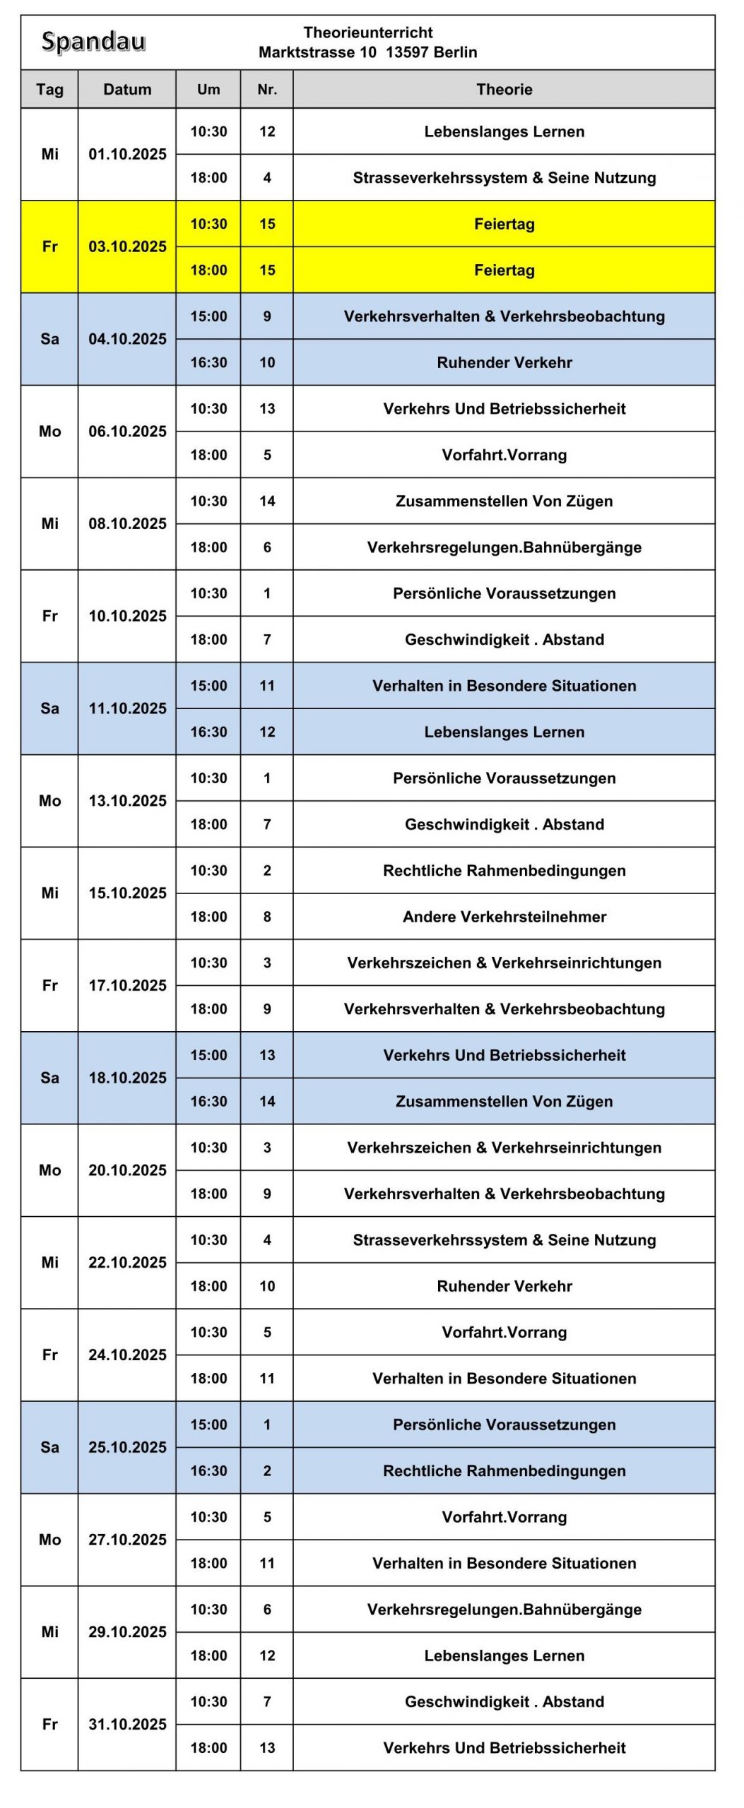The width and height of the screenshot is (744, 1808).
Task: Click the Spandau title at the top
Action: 93,42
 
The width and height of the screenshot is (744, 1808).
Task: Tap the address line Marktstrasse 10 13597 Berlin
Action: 367,52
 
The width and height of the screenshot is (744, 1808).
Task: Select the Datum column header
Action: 127,90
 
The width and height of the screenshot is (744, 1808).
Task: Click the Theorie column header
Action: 504,90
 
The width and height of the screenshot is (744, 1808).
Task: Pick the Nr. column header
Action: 267,90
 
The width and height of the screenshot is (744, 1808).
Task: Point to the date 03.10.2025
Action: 127,246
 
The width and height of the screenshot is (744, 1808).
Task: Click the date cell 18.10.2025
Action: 127,1078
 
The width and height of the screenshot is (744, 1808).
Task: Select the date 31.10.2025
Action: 127,1724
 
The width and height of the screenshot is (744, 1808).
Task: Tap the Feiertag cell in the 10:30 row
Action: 504,224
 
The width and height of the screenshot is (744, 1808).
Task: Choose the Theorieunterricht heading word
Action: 367,32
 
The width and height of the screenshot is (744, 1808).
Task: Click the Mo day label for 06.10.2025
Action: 49,432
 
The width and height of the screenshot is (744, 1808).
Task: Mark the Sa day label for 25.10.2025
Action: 49,1447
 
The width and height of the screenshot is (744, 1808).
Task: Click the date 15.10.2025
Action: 127,893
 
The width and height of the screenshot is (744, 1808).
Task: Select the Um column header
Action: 208,90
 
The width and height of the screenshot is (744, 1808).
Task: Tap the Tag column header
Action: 49,90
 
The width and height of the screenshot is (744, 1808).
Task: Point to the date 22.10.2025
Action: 127,1262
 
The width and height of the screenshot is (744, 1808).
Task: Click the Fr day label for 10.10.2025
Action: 49,616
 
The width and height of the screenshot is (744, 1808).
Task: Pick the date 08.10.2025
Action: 127,523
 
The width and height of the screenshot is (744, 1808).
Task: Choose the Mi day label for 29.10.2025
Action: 49,1631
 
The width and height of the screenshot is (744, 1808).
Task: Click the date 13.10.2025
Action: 127,801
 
